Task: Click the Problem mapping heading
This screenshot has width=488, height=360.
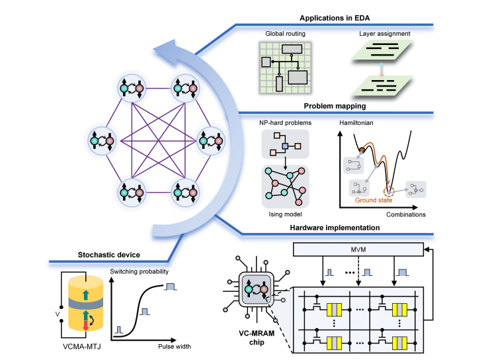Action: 335,105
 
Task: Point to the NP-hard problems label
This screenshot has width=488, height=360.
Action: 284,122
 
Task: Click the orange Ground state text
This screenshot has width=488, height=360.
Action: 374,200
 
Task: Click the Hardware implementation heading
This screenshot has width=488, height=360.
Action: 335,228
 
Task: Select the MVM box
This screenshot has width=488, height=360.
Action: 357,249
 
